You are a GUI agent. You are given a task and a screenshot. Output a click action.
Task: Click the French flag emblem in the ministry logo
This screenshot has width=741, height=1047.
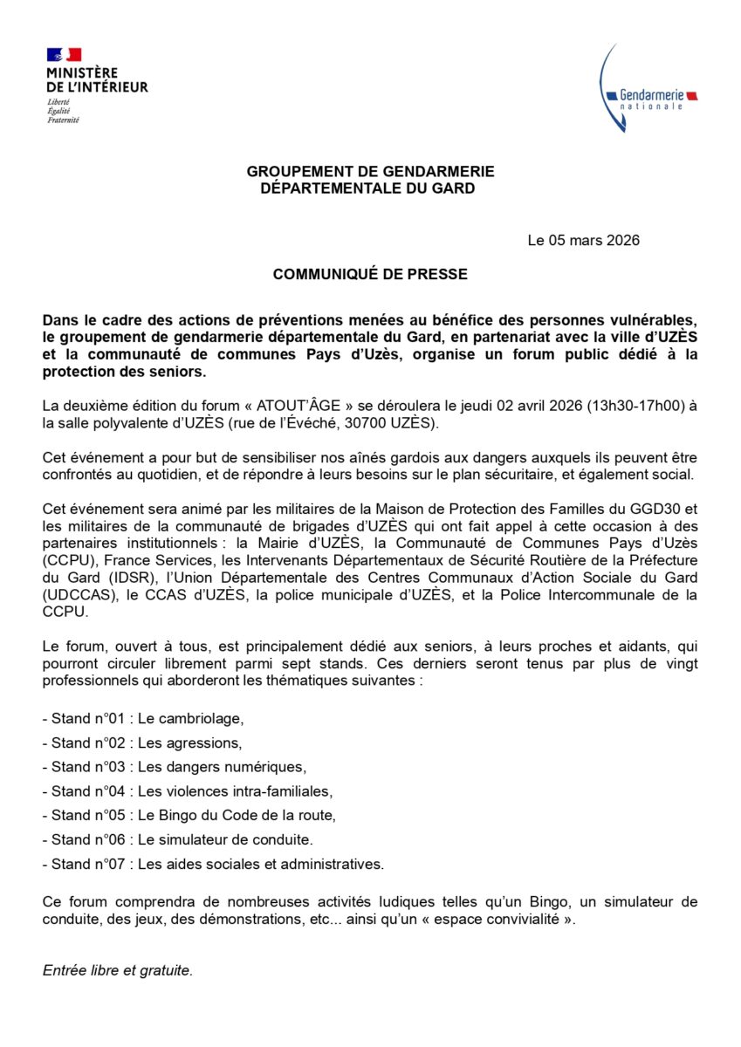(x=64, y=55)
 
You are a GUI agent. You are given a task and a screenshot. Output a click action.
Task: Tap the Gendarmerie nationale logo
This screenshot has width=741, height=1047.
(x=648, y=92)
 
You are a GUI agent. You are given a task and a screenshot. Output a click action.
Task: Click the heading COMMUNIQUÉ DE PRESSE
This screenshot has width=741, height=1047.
(x=370, y=274)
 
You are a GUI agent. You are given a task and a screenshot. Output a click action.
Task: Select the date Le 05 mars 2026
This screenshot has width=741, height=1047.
(x=583, y=240)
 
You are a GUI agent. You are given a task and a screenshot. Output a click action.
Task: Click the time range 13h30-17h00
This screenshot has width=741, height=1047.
(x=620, y=406)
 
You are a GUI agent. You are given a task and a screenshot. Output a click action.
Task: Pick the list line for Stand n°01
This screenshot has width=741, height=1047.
(x=143, y=719)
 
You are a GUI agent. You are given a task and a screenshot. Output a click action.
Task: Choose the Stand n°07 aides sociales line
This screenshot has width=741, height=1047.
(x=214, y=865)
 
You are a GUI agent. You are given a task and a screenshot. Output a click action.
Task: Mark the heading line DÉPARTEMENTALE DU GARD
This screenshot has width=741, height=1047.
(x=370, y=188)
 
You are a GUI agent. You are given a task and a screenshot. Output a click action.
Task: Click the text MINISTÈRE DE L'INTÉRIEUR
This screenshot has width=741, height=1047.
(x=97, y=79)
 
